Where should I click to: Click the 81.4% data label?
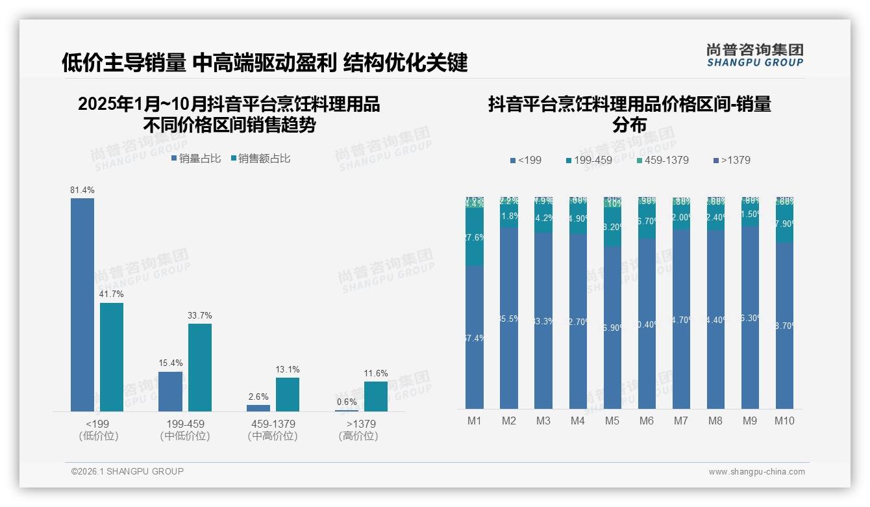pyautogui.click(x=82, y=190)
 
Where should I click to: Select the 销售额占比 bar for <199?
pyautogui.click(x=112, y=357)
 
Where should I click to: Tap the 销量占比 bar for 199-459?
pyautogui.click(x=170, y=391)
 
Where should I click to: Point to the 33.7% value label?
pyautogui.click(x=199, y=316)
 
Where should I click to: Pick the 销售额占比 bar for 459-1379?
pyautogui.click(x=288, y=395)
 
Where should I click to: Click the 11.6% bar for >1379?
pyautogui.click(x=376, y=396)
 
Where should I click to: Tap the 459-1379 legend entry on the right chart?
pyautogui.click(x=662, y=160)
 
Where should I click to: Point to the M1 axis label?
pyautogui.click(x=475, y=421)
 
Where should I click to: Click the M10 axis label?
pyautogui.click(x=784, y=421)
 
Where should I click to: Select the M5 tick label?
pyautogui.click(x=612, y=421)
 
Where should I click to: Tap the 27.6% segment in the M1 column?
pyautogui.click(x=475, y=237)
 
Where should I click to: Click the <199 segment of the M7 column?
pyautogui.click(x=680, y=319)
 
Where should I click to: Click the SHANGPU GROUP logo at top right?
pyautogui.click(x=754, y=55)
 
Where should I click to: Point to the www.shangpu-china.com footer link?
pyautogui.click(x=756, y=472)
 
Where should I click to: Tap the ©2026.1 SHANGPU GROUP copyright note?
pyautogui.click(x=127, y=471)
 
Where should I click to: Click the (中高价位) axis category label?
pyautogui.click(x=273, y=436)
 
